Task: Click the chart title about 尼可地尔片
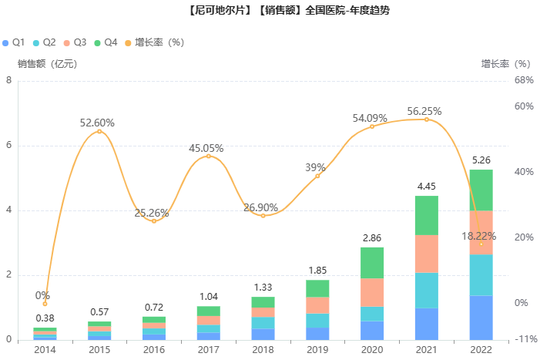click(270, 11)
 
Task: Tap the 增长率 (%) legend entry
click(158, 42)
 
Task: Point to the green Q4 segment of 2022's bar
click(481, 190)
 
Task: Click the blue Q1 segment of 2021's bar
click(427, 324)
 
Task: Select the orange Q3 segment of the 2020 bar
click(372, 292)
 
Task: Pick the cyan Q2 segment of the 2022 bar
click(481, 274)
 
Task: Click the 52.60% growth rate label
click(98, 123)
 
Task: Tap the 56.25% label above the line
click(424, 111)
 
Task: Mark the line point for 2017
click(208, 156)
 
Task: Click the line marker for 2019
click(317, 177)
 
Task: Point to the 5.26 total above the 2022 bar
click(481, 160)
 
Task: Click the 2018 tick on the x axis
click(263, 349)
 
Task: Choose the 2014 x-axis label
click(45, 349)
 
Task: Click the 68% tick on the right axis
click(525, 80)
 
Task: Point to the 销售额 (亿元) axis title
click(48, 64)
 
